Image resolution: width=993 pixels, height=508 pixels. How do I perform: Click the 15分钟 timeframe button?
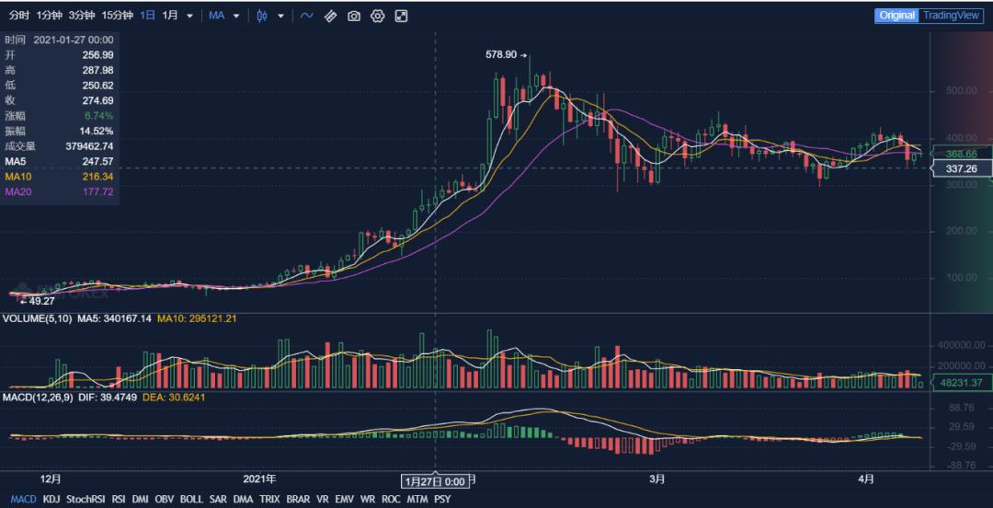(117, 16)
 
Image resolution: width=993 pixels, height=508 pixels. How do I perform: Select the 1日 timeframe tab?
(147, 16)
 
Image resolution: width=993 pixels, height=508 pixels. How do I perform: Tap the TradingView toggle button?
(952, 16)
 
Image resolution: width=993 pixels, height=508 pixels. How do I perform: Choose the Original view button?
(896, 16)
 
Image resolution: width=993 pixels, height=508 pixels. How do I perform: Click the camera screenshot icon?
(354, 16)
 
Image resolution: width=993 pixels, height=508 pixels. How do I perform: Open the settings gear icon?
(377, 16)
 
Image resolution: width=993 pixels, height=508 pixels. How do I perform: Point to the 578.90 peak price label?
(501, 55)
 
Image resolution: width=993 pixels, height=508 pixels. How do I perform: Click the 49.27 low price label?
(42, 301)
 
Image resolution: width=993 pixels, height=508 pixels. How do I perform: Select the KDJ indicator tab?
(51, 500)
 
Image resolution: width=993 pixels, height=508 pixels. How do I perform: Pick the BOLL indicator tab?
(191, 500)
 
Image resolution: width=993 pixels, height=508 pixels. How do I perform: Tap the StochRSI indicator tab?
(85, 500)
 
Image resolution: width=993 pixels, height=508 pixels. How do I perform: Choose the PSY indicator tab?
(442, 500)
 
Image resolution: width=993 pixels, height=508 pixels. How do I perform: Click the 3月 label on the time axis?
(656, 479)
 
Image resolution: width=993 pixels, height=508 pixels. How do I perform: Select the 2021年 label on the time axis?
(259, 479)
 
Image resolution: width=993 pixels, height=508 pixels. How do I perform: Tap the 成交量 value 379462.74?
(84, 145)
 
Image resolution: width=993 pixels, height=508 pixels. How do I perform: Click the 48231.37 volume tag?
(961, 383)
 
